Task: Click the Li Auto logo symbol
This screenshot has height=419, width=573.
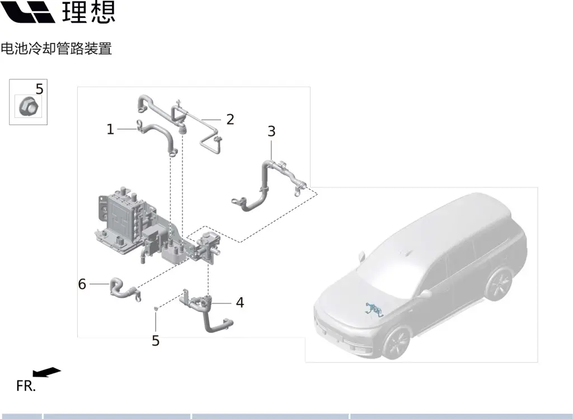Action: coord(28,12)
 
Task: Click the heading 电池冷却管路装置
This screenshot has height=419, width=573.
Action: coord(57,49)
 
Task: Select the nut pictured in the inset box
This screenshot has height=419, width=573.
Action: coord(29,106)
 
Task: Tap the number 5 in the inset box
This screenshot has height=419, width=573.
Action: coord(40,89)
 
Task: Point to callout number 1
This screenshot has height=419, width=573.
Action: coord(110,129)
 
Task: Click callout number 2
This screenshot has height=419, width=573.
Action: coord(230,120)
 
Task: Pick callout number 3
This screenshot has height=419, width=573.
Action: coord(271,131)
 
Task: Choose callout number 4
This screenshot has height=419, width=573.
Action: coord(239,303)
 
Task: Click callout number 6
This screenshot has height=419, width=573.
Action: coord(82,284)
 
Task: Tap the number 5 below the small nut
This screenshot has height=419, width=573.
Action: coord(156,341)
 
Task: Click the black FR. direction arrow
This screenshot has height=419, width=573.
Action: coord(47,372)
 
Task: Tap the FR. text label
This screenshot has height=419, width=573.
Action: coord(26,386)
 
